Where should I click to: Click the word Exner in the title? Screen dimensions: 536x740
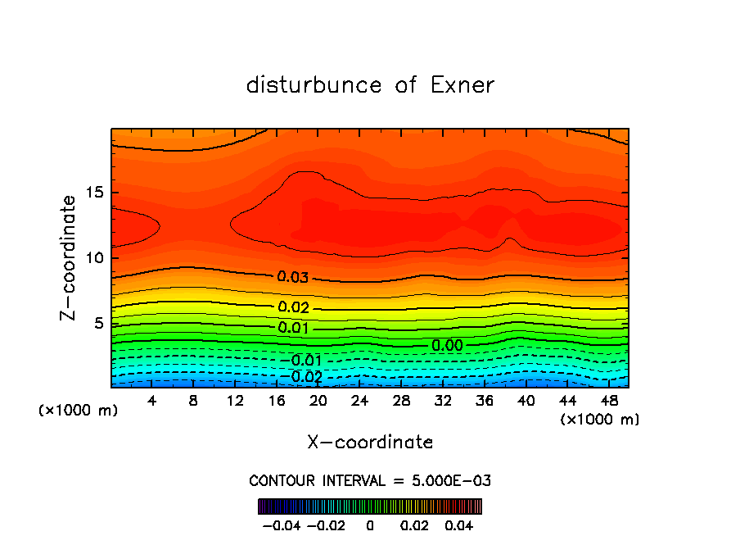(x=463, y=85)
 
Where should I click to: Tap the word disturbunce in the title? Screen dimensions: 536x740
(x=314, y=85)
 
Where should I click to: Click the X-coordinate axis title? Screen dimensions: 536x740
(x=370, y=443)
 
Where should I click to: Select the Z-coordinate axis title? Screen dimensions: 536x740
(x=69, y=257)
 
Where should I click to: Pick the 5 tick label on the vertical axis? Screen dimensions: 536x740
(x=98, y=323)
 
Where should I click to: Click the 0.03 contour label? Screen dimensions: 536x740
(x=293, y=277)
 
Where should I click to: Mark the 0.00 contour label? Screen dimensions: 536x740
(x=448, y=346)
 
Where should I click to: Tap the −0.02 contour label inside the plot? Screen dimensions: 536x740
(x=305, y=377)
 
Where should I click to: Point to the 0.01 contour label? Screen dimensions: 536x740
(x=293, y=328)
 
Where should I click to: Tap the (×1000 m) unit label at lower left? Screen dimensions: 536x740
(x=78, y=410)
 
